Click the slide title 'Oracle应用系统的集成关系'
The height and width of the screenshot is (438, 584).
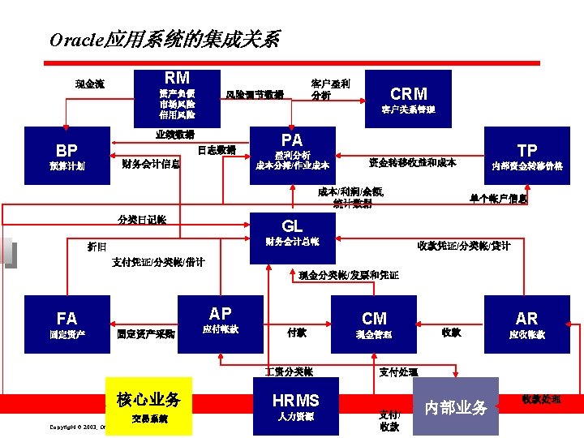165,39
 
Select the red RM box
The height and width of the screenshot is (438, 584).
178,94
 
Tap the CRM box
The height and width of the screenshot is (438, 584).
409,98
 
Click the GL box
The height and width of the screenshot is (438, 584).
292,232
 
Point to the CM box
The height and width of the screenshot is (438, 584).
374,324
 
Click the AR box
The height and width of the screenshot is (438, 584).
526,324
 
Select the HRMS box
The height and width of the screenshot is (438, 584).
295,406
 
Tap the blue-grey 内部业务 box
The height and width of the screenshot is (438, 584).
456,406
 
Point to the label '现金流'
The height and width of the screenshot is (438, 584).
89,84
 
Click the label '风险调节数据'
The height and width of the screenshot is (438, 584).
255,95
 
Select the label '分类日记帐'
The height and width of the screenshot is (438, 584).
142,220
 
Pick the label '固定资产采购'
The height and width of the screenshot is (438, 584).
145,333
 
